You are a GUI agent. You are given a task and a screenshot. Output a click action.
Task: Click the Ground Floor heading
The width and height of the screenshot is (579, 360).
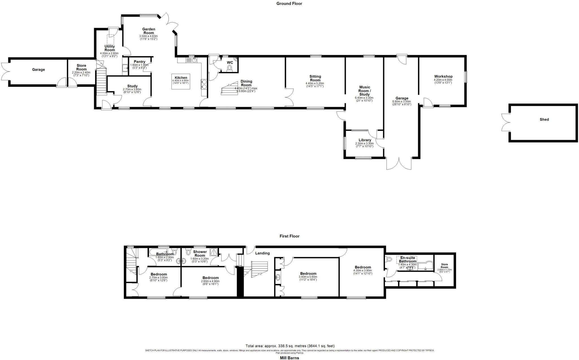289,4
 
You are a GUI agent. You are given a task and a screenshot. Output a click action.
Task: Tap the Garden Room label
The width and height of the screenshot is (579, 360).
148,31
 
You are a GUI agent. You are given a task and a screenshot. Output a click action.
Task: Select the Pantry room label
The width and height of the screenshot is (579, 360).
139,62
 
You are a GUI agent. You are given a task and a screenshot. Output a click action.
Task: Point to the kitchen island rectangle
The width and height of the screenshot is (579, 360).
181,82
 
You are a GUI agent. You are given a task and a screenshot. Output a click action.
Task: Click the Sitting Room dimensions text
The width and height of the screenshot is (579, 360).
315,85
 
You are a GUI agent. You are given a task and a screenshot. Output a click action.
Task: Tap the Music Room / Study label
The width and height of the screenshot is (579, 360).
364,91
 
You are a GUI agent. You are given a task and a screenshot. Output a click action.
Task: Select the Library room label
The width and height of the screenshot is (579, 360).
365,140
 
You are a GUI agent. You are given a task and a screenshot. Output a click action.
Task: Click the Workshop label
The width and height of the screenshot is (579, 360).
443,76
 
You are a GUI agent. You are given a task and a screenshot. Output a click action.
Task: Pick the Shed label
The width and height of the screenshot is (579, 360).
544,119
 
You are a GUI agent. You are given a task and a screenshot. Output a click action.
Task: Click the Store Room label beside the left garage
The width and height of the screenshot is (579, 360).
81,67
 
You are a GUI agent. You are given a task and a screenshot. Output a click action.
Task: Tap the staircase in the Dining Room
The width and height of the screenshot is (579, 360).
229,89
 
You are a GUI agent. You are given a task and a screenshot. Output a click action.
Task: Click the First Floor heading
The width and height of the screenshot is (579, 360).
289,236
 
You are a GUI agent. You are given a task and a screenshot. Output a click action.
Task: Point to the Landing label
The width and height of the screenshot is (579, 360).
262,253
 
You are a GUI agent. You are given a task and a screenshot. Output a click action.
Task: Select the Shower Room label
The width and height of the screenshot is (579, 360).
200,253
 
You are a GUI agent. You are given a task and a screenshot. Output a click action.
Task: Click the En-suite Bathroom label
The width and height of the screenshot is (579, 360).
407,260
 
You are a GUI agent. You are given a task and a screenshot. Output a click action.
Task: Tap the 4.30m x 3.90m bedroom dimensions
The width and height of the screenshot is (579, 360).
363,272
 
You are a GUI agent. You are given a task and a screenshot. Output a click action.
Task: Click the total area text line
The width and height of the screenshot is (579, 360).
290,346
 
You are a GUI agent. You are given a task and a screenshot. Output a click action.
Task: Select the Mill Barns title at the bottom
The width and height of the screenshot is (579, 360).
289,358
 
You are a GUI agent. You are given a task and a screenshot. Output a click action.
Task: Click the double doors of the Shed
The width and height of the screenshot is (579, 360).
505,122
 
